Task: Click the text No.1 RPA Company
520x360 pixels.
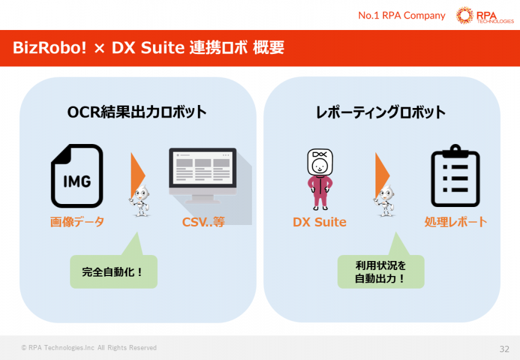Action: tap(401, 16)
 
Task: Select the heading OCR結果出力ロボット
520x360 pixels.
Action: tap(137, 112)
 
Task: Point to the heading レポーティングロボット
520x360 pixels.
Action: tap(381, 112)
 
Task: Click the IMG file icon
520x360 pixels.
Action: tap(77, 176)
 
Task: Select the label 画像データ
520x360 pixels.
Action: tap(77, 222)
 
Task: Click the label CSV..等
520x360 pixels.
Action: tap(203, 222)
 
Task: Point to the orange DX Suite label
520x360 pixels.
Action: tap(320, 222)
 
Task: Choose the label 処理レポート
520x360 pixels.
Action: tap(456, 222)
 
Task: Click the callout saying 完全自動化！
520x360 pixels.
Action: tap(113, 271)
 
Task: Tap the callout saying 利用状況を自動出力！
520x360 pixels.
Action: tap(380, 272)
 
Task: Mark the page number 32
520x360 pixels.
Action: tap(504, 349)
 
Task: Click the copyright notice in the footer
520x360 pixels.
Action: tap(89, 348)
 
